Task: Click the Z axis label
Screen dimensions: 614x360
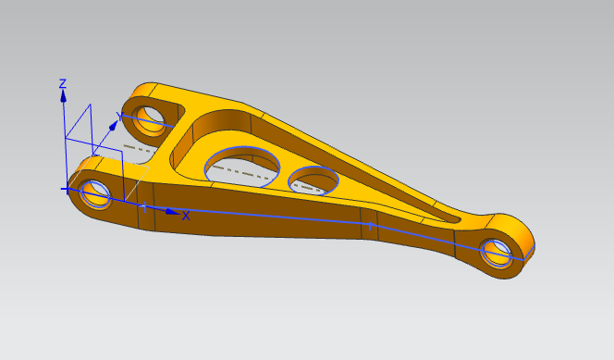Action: coord(63,83)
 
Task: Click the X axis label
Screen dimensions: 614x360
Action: coord(186,216)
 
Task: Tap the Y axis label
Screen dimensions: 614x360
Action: coord(119,116)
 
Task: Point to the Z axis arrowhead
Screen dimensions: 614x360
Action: coord(63,96)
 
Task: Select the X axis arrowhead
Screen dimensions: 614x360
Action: coord(172,212)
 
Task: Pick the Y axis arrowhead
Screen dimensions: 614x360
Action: coord(114,125)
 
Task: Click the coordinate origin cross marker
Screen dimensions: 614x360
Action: coord(67,190)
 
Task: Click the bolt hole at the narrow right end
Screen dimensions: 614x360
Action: coord(497,253)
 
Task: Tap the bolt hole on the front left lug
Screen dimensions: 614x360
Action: coord(94,194)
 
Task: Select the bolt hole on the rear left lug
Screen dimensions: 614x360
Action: coord(149,120)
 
